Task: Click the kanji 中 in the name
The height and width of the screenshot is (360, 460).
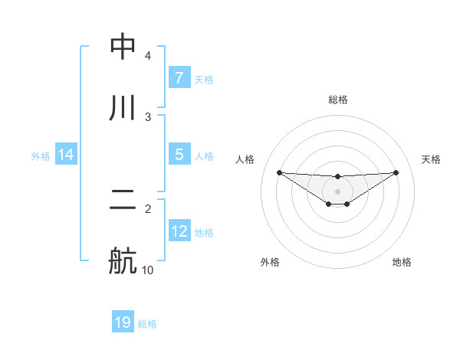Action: coord(123,47)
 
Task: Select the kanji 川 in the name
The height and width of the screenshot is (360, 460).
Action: coord(123,109)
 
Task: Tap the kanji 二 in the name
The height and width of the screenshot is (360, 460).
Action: coord(123,201)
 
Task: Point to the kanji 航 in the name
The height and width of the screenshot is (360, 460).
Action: coord(123,262)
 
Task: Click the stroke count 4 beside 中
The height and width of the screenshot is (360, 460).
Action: coord(148,56)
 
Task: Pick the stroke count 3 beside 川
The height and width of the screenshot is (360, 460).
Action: coord(148,117)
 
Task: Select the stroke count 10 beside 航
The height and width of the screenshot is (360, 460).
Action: coord(148,270)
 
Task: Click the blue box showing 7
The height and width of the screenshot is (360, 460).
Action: coord(179,78)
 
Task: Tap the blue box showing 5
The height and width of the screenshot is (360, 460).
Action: coord(179,155)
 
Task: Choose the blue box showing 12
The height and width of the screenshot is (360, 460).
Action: coord(179,231)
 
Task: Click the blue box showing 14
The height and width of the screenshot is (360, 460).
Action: coord(66,155)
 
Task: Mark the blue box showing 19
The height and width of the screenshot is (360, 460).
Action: coord(123,323)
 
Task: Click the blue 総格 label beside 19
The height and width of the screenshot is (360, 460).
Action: coord(147,324)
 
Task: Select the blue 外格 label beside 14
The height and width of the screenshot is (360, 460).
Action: coord(41,156)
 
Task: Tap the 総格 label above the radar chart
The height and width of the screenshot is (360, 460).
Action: coord(338,100)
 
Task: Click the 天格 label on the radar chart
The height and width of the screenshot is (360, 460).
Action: coord(432,159)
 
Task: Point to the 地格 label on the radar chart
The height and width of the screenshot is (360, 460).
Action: coord(402,262)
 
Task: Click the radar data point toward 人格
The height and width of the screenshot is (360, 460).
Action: coord(279,172)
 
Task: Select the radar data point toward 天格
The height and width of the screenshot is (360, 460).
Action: coord(396,172)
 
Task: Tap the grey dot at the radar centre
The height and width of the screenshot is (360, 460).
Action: coord(338,191)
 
